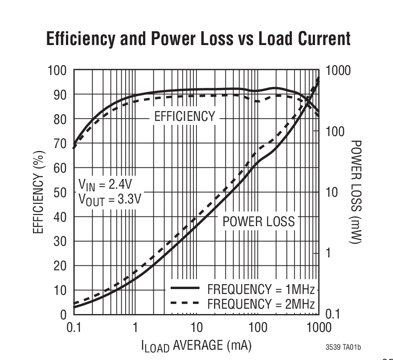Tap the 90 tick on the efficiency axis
click(60, 95)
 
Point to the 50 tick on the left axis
click(60, 193)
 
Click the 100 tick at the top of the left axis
click(57, 70)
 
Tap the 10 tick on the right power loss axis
click(332, 193)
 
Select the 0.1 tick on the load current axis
click(74, 328)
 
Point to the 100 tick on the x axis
click(258, 328)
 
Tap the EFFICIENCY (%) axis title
click(41, 192)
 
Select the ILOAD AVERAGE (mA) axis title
click(197, 345)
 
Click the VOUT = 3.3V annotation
click(109, 199)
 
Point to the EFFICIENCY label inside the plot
click(184, 117)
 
